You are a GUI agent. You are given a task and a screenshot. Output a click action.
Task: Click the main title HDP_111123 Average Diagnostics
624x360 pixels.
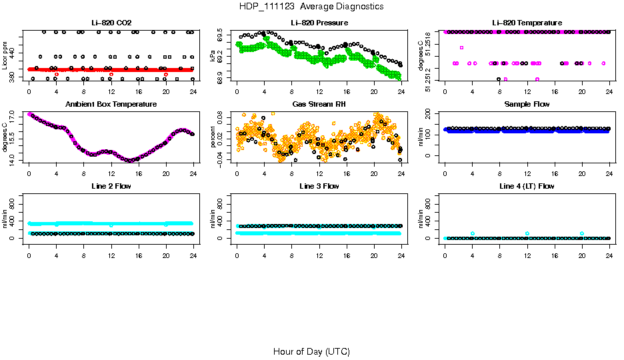[x=311, y=6]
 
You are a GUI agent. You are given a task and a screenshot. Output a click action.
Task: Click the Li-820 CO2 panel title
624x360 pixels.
[x=111, y=23]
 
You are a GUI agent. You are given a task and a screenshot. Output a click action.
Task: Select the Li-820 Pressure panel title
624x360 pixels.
[x=319, y=23]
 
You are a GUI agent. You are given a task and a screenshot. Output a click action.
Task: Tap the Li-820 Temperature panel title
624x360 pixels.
[x=527, y=23]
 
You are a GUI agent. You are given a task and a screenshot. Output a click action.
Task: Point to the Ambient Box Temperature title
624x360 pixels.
[x=111, y=105]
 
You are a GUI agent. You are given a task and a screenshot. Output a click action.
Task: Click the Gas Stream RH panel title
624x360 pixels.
[x=319, y=105]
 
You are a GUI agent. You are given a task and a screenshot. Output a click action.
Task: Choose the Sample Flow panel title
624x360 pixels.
[x=527, y=105]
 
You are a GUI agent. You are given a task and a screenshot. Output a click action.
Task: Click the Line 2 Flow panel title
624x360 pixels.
[x=111, y=186]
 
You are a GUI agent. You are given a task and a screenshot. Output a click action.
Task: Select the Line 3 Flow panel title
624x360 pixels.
[x=319, y=186]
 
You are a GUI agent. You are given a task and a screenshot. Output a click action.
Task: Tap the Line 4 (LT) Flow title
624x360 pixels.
[x=527, y=186]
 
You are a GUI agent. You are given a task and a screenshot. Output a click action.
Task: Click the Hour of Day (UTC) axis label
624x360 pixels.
[x=311, y=351]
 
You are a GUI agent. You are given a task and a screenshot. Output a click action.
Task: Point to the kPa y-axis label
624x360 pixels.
[x=213, y=57]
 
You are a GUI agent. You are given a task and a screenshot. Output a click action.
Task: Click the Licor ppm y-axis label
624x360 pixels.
[x=5, y=57]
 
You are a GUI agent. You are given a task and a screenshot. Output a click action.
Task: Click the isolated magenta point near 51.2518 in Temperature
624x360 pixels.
[x=461, y=47]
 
